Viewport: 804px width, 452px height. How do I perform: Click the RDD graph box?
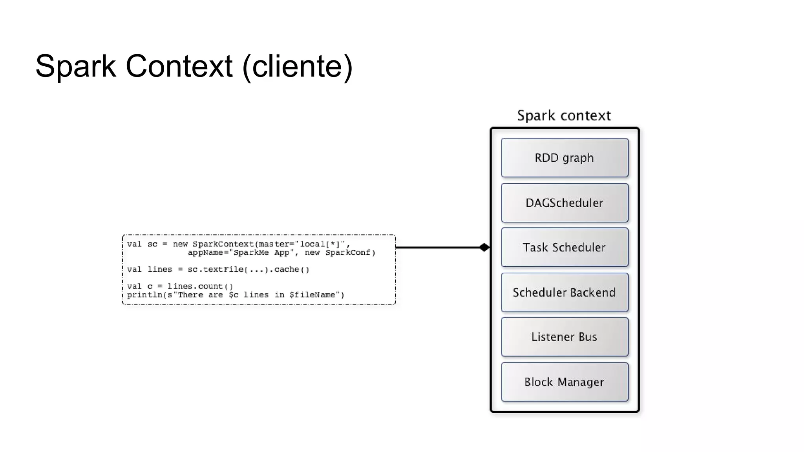click(x=564, y=158)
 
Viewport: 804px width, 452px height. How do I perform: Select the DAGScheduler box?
click(x=564, y=203)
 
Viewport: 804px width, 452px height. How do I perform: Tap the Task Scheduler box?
click(x=564, y=247)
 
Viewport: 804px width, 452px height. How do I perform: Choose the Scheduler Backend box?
click(x=564, y=292)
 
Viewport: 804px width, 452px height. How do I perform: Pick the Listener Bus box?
click(x=564, y=337)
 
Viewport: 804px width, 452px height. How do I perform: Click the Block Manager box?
click(x=564, y=382)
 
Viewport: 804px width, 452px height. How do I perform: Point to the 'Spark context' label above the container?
click(x=564, y=115)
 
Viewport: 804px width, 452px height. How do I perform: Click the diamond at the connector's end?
click(x=484, y=247)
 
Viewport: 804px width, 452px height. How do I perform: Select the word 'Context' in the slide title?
click(x=179, y=66)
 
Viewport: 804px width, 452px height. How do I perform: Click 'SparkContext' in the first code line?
click(x=223, y=244)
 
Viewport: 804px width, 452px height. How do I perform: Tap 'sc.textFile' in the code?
click(x=215, y=270)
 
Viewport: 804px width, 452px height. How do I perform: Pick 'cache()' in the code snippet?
click(x=292, y=270)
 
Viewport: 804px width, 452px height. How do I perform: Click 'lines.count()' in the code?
click(x=200, y=286)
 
